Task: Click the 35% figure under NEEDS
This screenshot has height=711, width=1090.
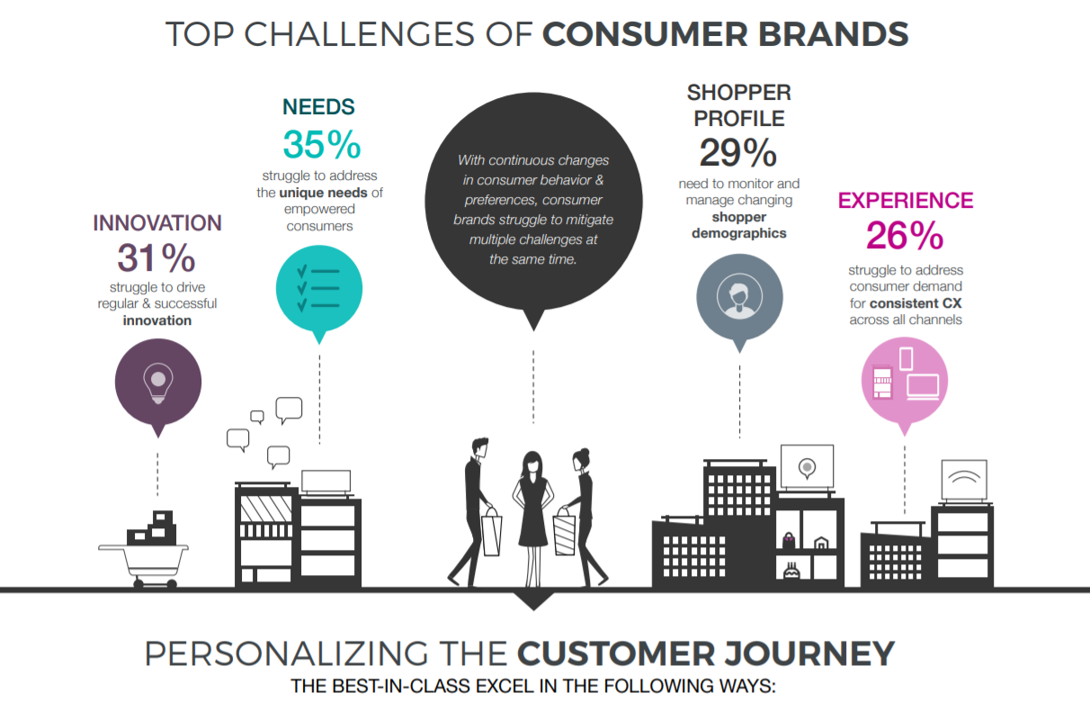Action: coord(321,145)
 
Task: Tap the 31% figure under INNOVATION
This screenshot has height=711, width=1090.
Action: coord(156,259)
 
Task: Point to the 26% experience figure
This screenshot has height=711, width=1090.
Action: coord(905,236)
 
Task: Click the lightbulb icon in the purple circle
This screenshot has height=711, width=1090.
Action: coord(158,382)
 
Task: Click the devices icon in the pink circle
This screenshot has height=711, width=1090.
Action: coord(906,376)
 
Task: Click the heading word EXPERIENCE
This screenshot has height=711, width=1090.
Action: coord(905,200)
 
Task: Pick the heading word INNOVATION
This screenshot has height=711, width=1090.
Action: coord(157,223)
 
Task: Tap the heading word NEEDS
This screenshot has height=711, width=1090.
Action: coord(318,107)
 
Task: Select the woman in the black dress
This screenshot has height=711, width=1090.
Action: coord(532,508)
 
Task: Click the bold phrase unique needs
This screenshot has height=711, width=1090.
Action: coord(323,193)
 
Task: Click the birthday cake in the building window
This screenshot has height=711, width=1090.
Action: coord(791,572)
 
